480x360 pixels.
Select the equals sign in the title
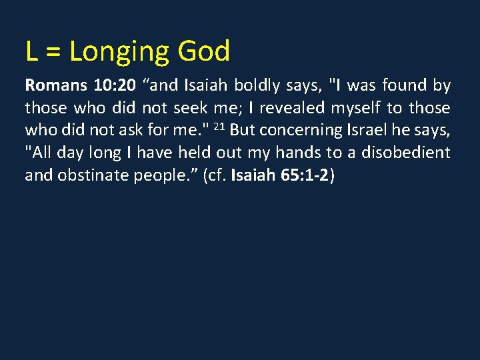tap(53, 52)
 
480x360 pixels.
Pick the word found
tap(407, 85)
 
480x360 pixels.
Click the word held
tap(197, 153)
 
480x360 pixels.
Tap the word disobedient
tap(406, 153)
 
